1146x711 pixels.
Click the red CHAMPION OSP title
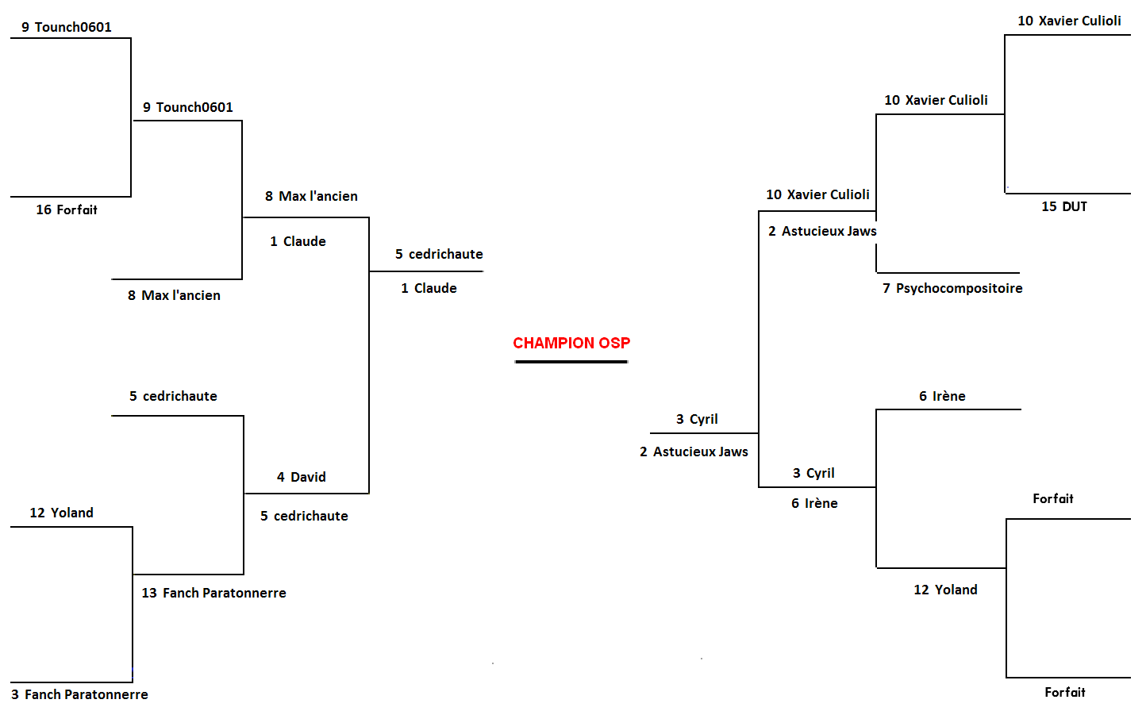coord(571,343)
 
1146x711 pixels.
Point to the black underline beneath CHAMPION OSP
coord(571,362)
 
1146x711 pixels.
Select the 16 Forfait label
coord(67,209)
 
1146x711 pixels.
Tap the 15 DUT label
coord(1064,206)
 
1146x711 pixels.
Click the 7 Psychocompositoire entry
coord(952,288)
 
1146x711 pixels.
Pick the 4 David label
coord(302,477)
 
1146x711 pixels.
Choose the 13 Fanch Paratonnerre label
coord(213,593)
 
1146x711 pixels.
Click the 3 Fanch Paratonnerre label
coord(79,694)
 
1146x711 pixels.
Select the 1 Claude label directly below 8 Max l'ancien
coord(298,241)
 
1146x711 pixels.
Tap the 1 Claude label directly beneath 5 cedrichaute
coord(429,288)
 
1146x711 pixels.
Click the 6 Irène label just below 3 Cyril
coord(814,503)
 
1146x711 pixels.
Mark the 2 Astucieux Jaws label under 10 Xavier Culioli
coord(822,231)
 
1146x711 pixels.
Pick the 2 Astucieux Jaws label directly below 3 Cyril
coord(694,452)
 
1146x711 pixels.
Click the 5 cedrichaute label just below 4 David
coord(304,516)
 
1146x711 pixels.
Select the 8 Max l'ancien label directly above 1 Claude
coord(311,196)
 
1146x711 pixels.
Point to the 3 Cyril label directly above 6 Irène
coord(813,473)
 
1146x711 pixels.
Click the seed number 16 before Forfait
coord(44,209)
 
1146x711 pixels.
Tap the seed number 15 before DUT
coord(1049,206)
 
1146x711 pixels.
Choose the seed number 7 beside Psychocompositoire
coord(886,288)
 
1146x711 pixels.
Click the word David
coord(308,477)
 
